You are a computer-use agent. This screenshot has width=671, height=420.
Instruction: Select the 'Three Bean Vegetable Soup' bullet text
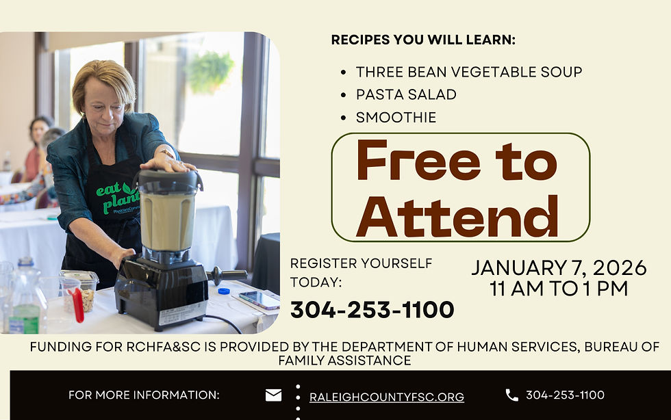[469, 72]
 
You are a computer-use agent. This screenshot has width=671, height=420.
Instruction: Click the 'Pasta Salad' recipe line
[406, 94]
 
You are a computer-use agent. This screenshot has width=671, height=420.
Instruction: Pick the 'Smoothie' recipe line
[396, 118]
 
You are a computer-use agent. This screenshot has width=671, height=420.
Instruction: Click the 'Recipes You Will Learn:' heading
[423, 40]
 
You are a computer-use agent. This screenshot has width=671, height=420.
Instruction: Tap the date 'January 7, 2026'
[559, 267]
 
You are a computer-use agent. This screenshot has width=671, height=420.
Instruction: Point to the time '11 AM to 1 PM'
[559, 289]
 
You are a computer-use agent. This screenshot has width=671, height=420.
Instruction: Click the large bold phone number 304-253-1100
[372, 310]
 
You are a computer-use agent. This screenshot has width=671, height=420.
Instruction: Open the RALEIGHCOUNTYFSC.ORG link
[387, 397]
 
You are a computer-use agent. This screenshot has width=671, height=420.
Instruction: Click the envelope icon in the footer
[273, 395]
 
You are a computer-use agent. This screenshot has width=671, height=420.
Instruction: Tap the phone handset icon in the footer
[511, 395]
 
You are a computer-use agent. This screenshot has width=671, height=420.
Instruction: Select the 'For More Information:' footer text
[144, 395]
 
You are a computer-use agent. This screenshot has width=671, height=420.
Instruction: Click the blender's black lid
[168, 179]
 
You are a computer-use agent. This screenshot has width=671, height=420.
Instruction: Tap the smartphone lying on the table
[259, 299]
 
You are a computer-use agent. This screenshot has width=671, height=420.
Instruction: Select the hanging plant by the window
[210, 70]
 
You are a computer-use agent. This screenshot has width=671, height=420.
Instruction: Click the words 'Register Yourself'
[362, 263]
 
